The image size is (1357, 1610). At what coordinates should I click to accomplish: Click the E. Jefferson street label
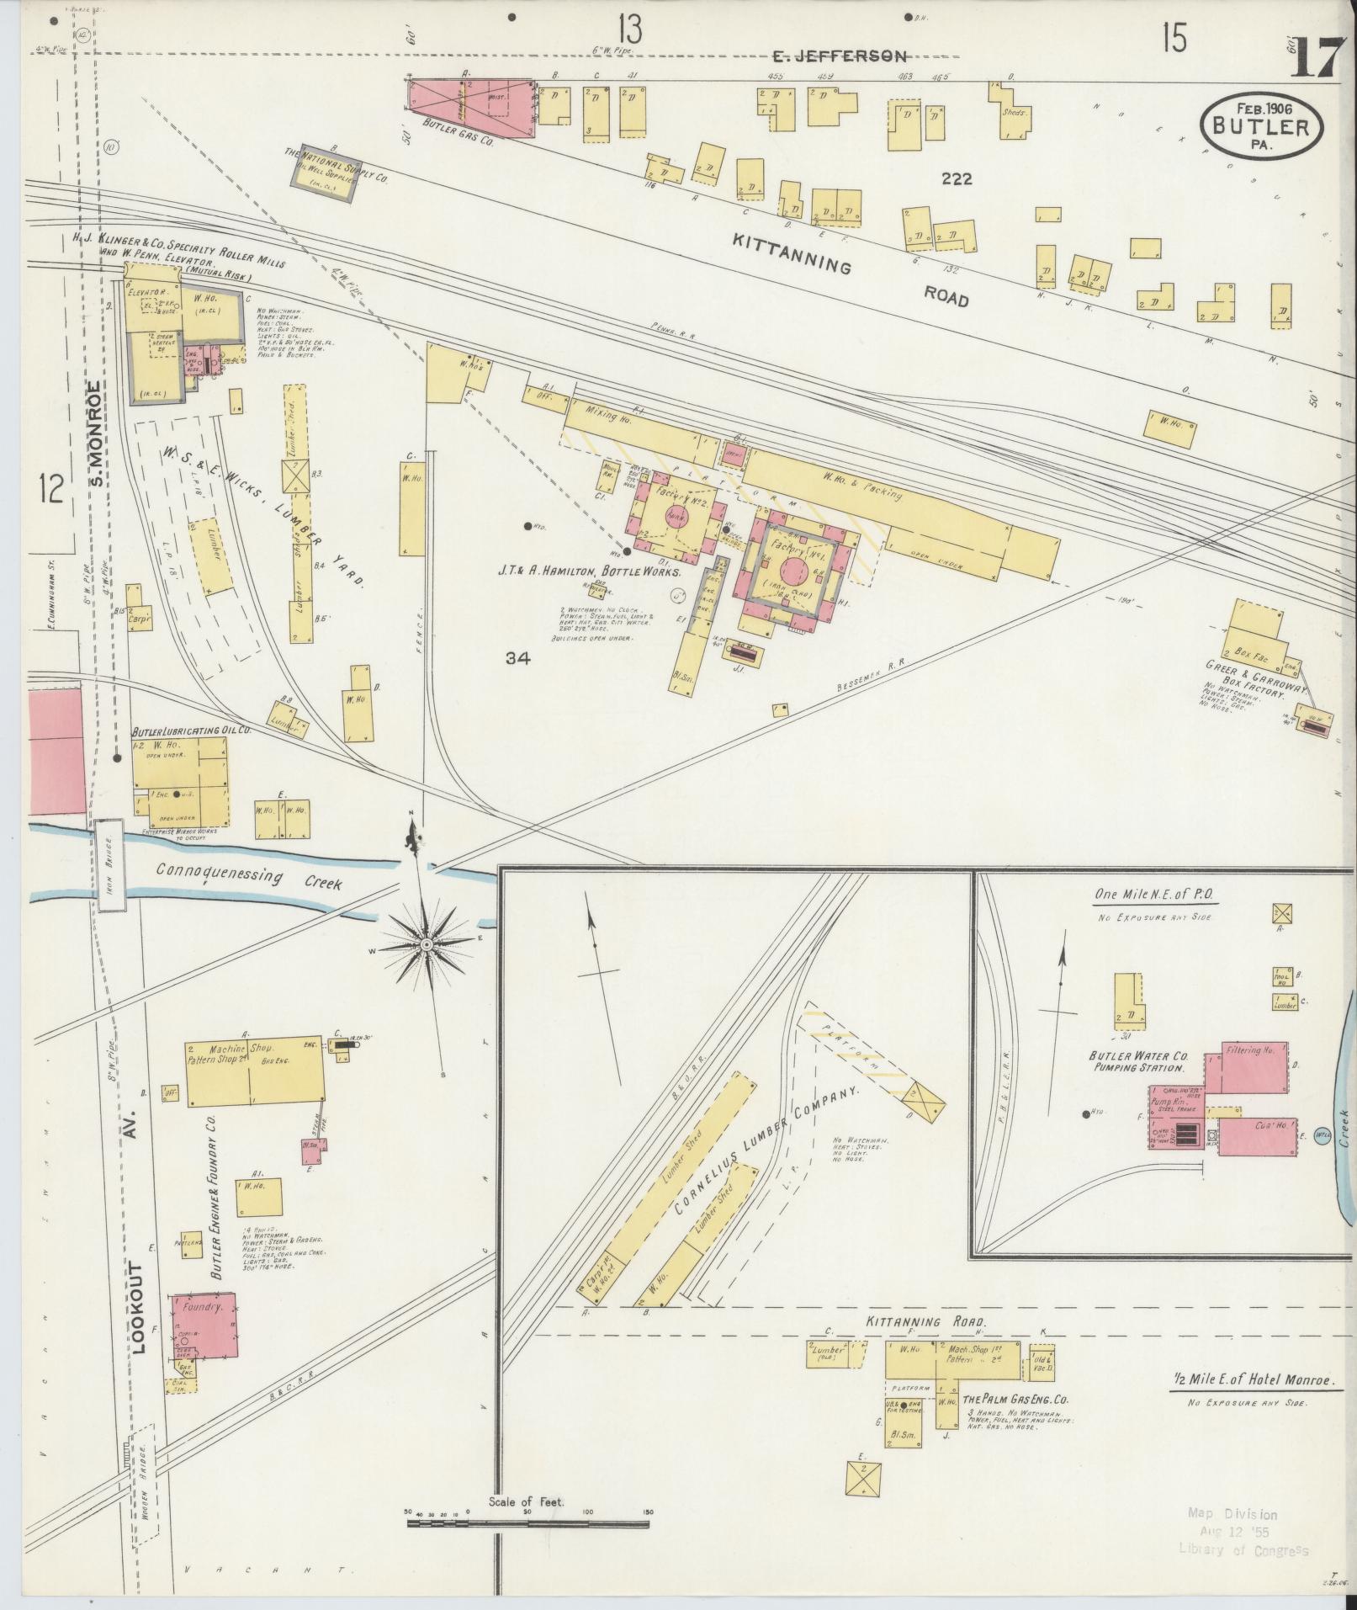pyautogui.click(x=840, y=56)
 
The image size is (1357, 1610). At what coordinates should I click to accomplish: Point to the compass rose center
pyautogui.click(x=427, y=945)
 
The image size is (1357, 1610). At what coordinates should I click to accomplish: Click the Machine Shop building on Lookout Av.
pyautogui.click(x=254, y=1070)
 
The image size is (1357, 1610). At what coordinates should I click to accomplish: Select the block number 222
pyautogui.click(x=957, y=179)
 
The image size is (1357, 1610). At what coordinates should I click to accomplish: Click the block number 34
pyautogui.click(x=517, y=659)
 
